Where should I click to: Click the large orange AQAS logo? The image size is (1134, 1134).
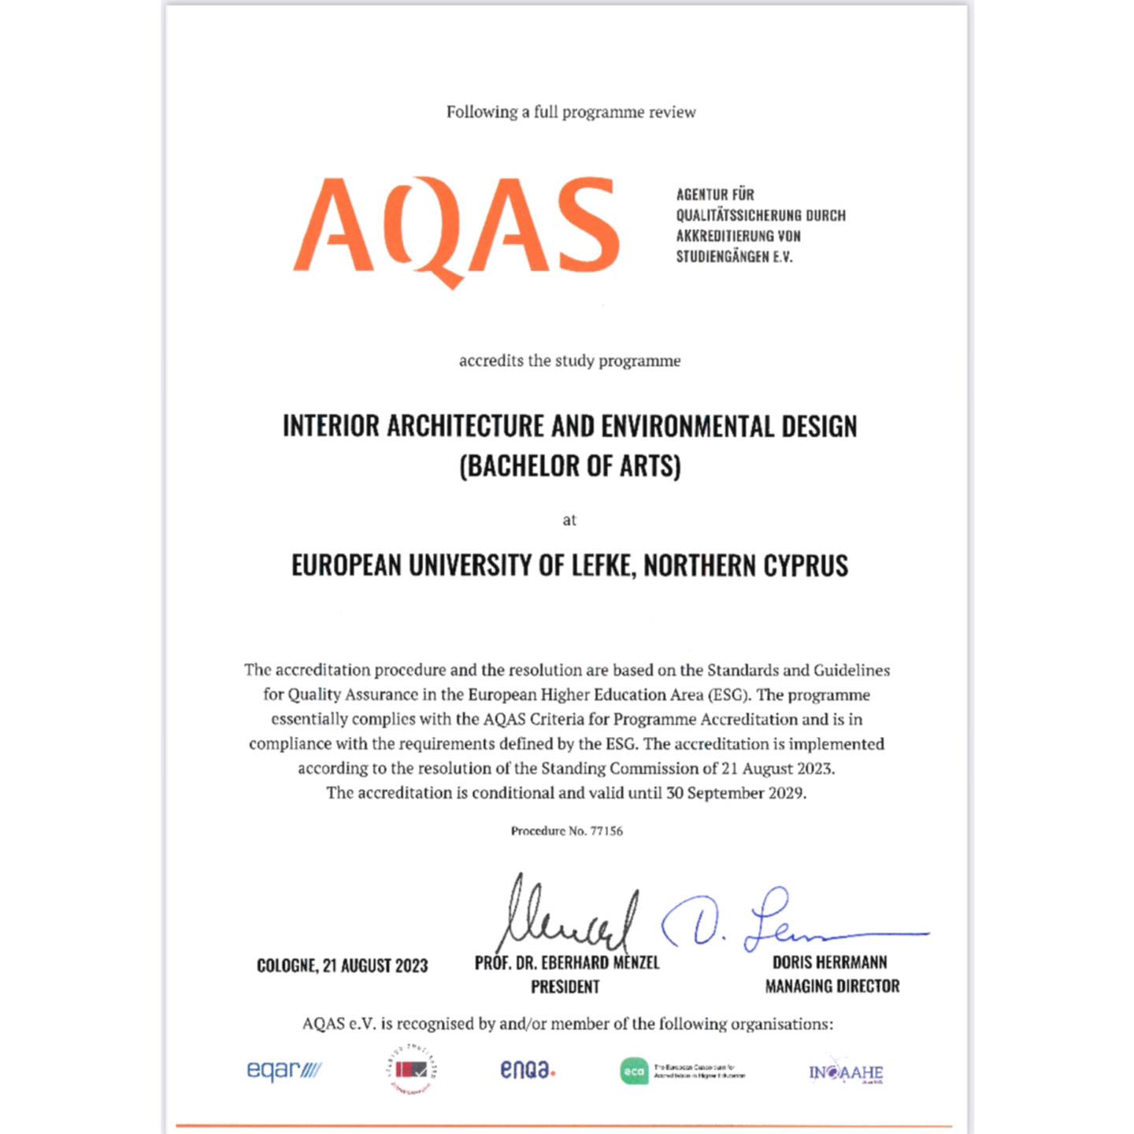click(457, 228)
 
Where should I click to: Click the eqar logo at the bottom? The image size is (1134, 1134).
click(283, 1070)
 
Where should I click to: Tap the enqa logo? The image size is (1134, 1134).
click(528, 1069)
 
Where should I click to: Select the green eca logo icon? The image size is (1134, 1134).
click(634, 1071)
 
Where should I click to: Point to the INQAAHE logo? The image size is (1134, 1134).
click(846, 1073)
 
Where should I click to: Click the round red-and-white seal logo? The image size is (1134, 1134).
click(412, 1069)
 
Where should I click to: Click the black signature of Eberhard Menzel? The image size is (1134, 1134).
click(567, 917)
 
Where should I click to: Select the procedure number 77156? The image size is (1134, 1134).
click(606, 831)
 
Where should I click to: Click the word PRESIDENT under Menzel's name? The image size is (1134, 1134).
click(565, 987)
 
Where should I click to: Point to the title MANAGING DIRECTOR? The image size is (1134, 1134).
click(832, 986)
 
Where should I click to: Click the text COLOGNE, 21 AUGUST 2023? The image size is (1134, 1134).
click(343, 965)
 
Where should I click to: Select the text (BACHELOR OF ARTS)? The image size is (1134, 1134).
click(570, 466)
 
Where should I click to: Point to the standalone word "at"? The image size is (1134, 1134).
click(569, 520)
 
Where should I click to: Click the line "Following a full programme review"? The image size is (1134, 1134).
click(571, 112)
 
